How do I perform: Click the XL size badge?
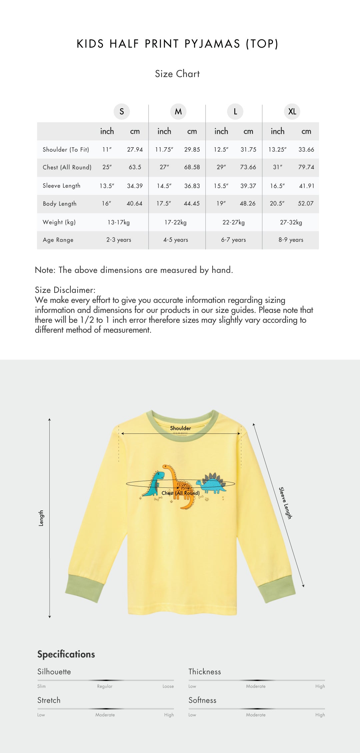click(x=292, y=112)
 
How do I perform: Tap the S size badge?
click(x=122, y=112)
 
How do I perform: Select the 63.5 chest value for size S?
click(x=135, y=167)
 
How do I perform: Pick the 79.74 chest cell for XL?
click(x=306, y=167)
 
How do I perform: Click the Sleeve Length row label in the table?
click(x=61, y=186)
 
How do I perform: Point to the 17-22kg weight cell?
click(x=175, y=222)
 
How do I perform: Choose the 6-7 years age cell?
click(x=233, y=240)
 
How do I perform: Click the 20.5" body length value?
click(x=277, y=204)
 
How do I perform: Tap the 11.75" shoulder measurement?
click(x=164, y=150)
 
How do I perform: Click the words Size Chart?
click(x=177, y=74)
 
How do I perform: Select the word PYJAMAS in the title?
click(x=212, y=44)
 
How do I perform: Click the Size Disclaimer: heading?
click(x=65, y=290)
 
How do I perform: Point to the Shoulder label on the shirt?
click(x=180, y=428)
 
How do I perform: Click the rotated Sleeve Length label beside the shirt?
click(x=285, y=503)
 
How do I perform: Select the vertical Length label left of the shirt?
click(x=41, y=518)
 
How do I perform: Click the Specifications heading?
click(x=66, y=654)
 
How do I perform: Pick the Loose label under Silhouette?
click(x=168, y=686)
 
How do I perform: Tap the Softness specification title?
click(x=202, y=700)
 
